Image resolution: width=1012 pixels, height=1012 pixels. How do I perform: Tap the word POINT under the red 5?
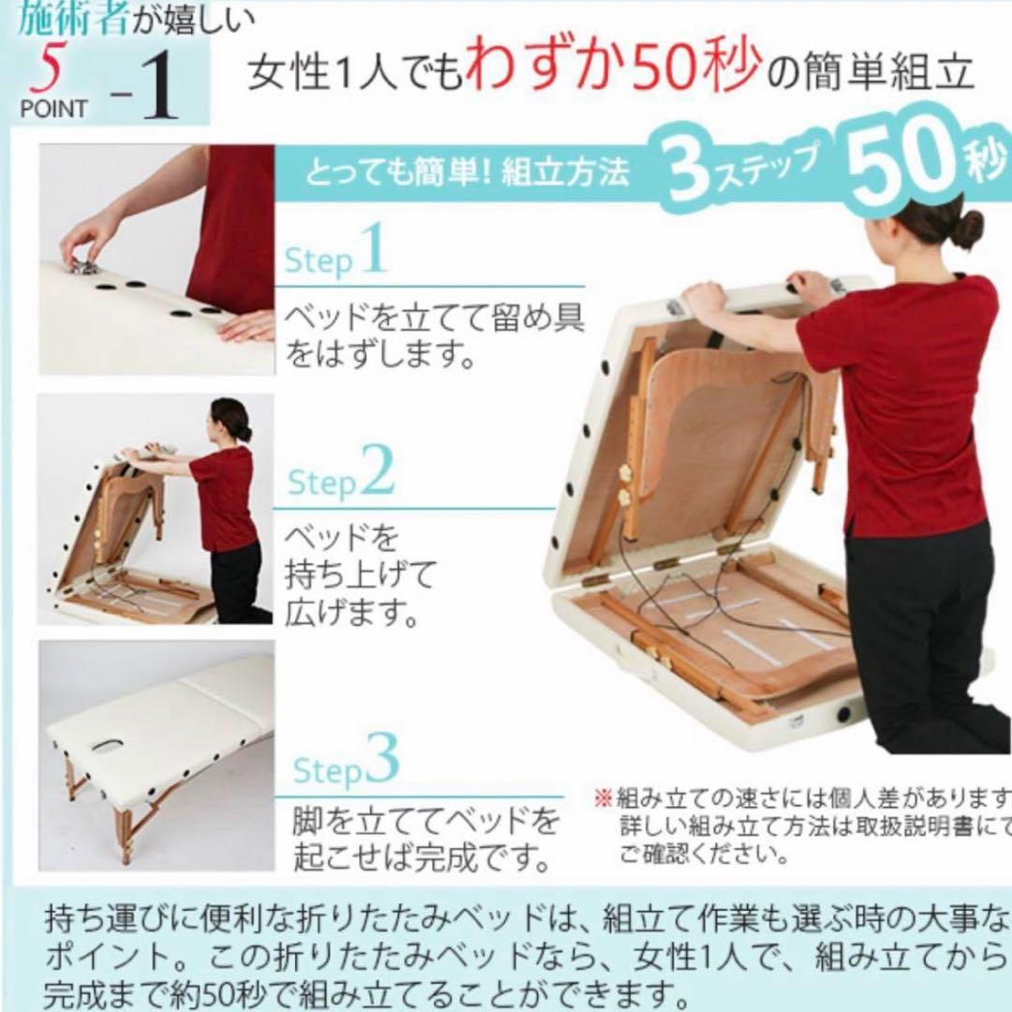coord(52,108)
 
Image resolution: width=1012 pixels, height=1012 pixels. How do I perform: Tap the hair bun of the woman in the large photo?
coord(966,228)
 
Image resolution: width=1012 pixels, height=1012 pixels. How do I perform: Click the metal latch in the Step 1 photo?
coord(85,265)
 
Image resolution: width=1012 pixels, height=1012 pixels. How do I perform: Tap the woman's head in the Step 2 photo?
coord(231,419)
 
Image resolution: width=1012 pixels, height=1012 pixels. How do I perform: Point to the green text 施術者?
coord(71,19)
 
